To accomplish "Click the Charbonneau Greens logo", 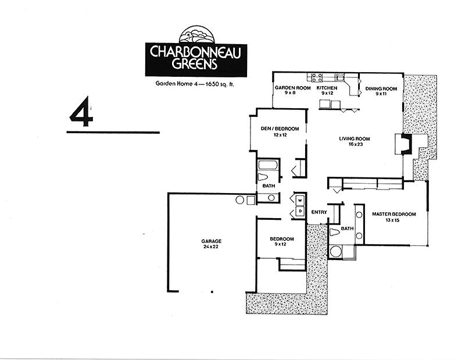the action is click(x=196, y=52).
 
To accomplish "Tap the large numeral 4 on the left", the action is click(x=81, y=112).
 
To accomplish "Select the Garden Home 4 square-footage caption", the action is click(x=195, y=84).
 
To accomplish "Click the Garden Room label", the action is click(x=293, y=88).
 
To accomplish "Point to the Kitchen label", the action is click(x=327, y=88).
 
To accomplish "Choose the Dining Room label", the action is click(x=381, y=88).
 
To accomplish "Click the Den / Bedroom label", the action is click(x=280, y=129).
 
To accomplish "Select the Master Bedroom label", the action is click(x=394, y=214).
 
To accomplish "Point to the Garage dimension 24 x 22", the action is click(x=211, y=247).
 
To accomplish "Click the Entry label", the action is click(x=319, y=212).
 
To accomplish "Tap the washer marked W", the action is click(x=300, y=201).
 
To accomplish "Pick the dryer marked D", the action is click(x=300, y=211).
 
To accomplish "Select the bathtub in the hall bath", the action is click(x=268, y=165).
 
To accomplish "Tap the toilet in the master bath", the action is click(x=335, y=232).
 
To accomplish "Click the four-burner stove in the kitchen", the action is click(x=316, y=78).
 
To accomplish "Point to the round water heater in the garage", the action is click(x=239, y=200).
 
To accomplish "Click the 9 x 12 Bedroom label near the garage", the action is click(x=282, y=241).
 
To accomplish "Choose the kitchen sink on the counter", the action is click(x=340, y=77).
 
